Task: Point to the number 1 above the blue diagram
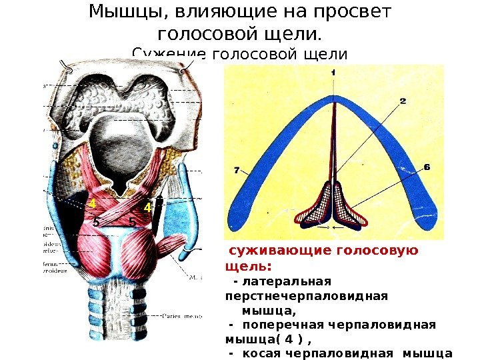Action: pyautogui.click(x=333, y=71)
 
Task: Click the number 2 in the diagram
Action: pyautogui.click(x=403, y=101)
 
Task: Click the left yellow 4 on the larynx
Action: pyautogui.click(x=93, y=203)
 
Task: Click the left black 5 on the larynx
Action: pyautogui.click(x=96, y=221)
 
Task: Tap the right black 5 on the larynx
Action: pyautogui.click(x=132, y=221)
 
